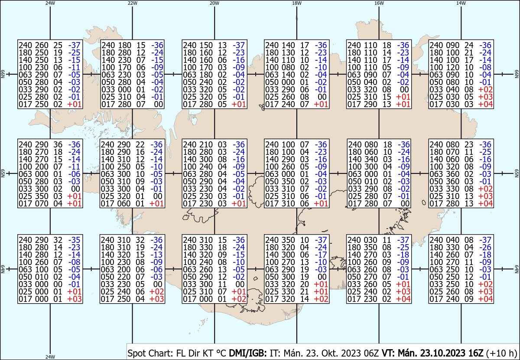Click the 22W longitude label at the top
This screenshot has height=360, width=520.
[x=132, y=3]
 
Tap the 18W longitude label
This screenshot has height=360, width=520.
[x=297, y=3]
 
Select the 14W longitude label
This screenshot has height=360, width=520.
[x=461, y=3]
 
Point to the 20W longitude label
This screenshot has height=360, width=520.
[x=214, y=3]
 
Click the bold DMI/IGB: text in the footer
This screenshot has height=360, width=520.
[x=248, y=353]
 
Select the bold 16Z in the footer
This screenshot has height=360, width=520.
[x=476, y=353]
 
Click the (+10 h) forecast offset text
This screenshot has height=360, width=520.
[x=501, y=353]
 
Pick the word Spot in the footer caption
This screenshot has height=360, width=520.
[x=136, y=353]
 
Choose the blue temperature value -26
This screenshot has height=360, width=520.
[x=485, y=247]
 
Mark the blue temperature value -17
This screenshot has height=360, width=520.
[x=321, y=255]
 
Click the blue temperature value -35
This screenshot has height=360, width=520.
[x=74, y=240]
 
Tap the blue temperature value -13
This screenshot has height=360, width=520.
[x=157, y=255]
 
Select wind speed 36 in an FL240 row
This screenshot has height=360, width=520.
[x=58, y=144]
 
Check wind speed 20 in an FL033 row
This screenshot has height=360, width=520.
[x=305, y=284]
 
